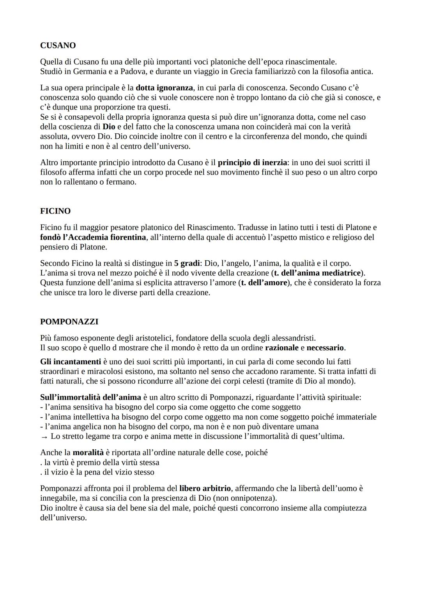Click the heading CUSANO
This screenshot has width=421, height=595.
coord(58,46)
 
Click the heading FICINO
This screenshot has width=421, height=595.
coord(55,211)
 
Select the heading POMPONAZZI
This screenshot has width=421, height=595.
coord(69,322)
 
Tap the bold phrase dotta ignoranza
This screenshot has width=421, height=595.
coord(164,88)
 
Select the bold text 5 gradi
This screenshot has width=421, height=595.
coord(187,263)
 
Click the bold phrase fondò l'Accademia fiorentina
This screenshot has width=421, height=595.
coord(93,237)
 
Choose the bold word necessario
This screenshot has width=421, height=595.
coord(325,348)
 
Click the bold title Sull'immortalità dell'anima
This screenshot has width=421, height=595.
coord(90,397)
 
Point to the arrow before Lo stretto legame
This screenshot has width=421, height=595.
coord(44,437)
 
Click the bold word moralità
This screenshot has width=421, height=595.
coord(88,453)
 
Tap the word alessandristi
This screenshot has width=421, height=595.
coord(293,338)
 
